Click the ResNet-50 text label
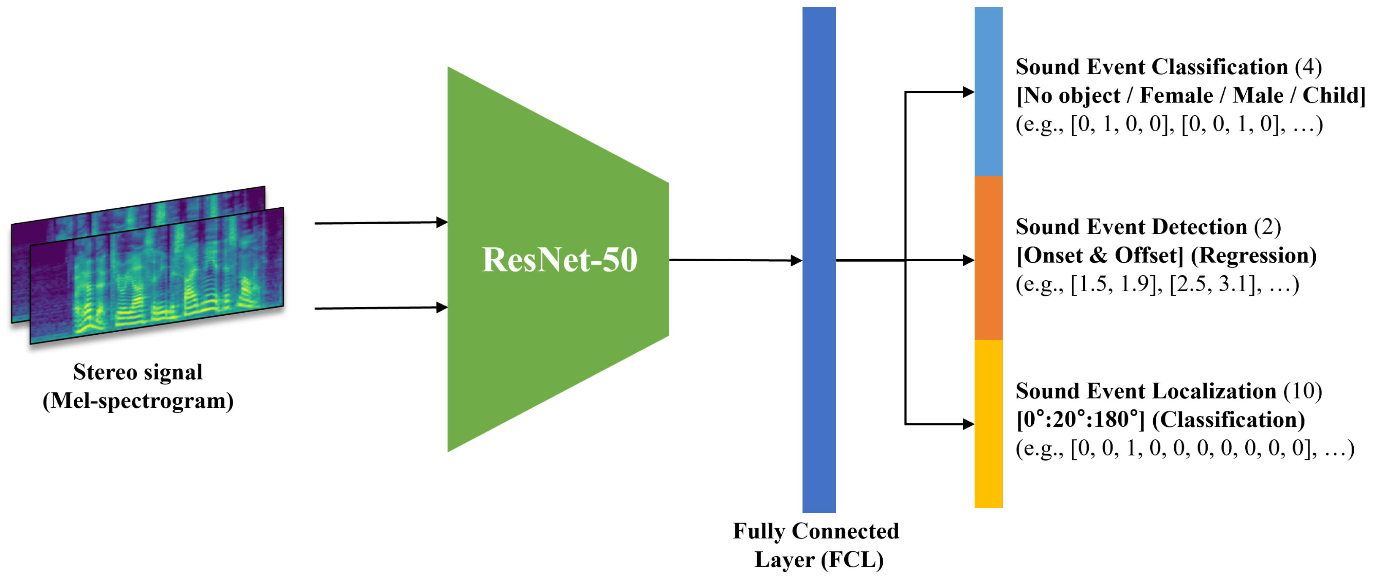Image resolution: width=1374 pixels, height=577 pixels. point(559,260)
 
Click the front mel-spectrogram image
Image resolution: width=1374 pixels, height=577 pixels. point(160,277)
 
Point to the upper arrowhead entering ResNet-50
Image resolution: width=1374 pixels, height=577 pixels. point(442,222)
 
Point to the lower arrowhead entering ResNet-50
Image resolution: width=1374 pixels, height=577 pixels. point(442,307)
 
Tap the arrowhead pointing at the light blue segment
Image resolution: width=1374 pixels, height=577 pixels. point(968,92)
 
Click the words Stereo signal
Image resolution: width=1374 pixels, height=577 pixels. point(138,372)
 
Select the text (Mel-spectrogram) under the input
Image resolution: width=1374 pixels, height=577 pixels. point(138,401)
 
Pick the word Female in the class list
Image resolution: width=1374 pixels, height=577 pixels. point(1176,95)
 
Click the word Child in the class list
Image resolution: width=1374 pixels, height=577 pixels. point(1331,95)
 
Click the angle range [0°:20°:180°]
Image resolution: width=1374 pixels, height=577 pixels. point(1080,420)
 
